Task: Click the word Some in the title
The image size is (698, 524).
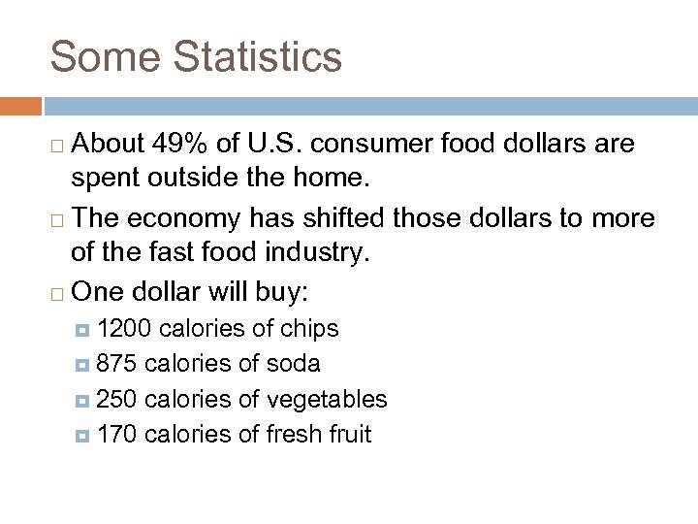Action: tap(105, 56)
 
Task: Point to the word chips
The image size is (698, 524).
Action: tap(309, 329)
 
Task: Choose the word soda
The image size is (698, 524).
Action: tap(294, 364)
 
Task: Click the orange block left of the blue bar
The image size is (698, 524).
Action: tap(20, 105)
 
